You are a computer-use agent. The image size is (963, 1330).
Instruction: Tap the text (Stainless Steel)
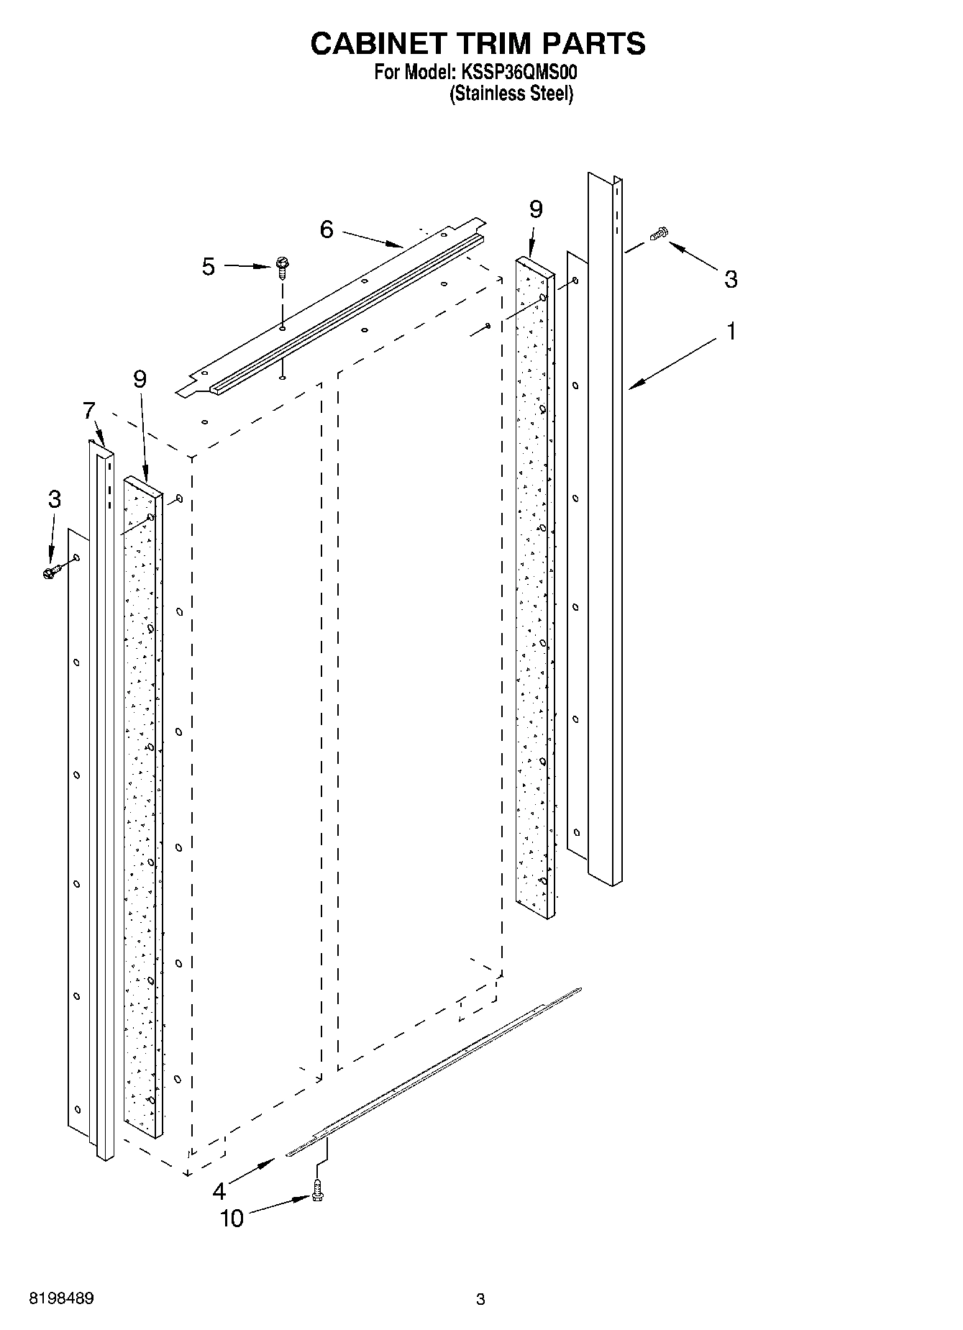click(511, 94)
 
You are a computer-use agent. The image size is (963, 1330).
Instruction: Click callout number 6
click(327, 229)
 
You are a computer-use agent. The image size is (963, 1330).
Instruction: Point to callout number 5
click(208, 267)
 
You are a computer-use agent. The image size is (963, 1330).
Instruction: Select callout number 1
click(731, 332)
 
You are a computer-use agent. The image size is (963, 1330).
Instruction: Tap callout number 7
click(88, 411)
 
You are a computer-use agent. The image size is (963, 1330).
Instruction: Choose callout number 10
click(232, 1219)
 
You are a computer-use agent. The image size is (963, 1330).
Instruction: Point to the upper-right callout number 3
click(731, 279)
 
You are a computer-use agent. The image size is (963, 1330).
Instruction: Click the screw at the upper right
click(659, 233)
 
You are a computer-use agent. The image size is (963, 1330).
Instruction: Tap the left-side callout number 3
click(55, 498)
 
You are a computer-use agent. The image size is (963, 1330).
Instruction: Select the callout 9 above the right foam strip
click(536, 209)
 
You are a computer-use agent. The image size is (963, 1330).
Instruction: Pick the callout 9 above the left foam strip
click(140, 379)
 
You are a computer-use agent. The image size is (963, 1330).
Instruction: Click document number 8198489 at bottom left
click(61, 1299)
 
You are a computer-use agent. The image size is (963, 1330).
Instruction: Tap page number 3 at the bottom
click(480, 1299)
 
